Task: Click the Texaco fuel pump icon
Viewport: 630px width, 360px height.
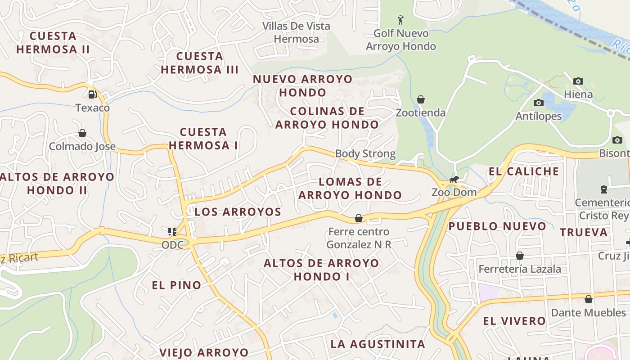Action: point(92,94)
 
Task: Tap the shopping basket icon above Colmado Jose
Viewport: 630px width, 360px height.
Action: point(82,133)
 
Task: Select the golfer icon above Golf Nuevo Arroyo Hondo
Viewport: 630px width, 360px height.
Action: point(400,20)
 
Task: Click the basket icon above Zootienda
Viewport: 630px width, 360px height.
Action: point(421,99)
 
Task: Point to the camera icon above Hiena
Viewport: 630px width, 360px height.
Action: point(578,81)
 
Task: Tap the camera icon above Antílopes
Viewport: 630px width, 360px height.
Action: point(538,103)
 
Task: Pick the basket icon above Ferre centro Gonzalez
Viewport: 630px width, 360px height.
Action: point(359,219)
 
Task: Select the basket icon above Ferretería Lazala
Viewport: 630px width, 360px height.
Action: point(520,256)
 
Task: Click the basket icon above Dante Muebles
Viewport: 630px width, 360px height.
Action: point(588,299)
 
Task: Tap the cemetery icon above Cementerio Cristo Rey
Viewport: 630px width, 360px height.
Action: point(604,189)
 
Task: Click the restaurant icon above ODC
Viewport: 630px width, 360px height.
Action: point(172,232)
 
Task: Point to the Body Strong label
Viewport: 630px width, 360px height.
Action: point(365,154)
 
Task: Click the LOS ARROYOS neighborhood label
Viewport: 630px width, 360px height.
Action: point(238,212)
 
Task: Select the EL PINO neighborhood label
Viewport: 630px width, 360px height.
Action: point(176,285)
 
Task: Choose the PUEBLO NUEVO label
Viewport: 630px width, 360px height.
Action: point(497,226)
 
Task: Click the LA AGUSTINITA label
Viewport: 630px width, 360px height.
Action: point(378,344)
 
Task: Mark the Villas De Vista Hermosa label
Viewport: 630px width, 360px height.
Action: point(297,32)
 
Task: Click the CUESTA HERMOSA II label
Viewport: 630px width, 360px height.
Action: point(53,42)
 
